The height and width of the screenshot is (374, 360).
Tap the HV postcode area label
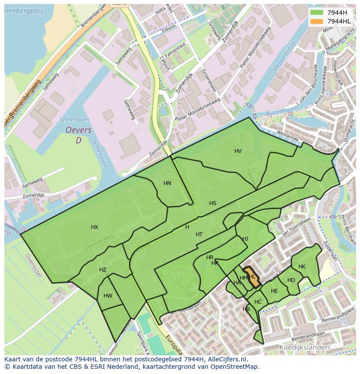[x=238, y=151]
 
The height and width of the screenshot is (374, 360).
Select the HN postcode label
[x=167, y=183]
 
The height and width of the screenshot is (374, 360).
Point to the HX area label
[x=94, y=227]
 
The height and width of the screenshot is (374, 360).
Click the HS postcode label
[x=213, y=203]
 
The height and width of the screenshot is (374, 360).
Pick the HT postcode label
[x=199, y=235]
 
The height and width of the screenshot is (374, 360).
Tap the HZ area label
[x=103, y=270]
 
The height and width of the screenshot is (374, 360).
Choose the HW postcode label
[x=108, y=296]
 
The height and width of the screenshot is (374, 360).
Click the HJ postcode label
[x=245, y=239]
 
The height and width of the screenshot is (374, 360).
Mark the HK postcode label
[x=302, y=267]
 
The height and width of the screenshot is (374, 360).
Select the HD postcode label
[x=291, y=280]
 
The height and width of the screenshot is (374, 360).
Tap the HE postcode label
[x=274, y=291]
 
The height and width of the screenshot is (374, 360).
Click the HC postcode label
[x=258, y=302]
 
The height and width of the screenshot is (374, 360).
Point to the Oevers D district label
[x=78, y=135]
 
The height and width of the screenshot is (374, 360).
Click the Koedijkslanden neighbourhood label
[x=304, y=348]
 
